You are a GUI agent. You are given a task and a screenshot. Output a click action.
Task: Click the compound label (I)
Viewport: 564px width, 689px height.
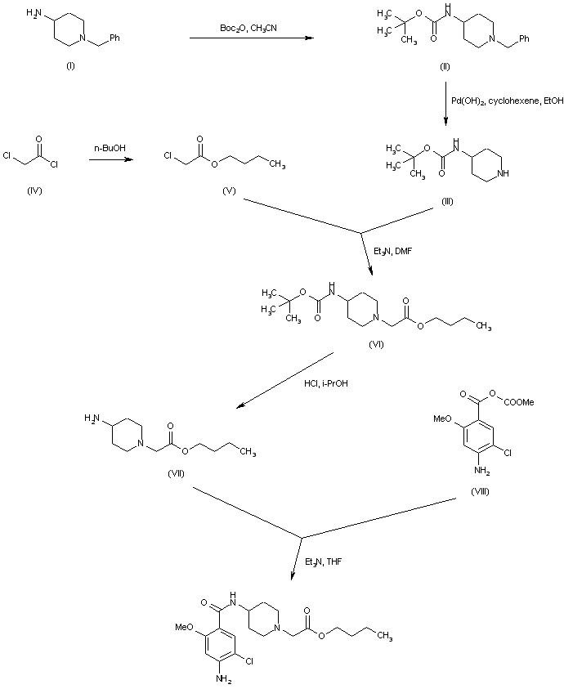click(70, 66)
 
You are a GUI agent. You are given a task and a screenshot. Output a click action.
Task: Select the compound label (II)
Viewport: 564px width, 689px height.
click(445, 67)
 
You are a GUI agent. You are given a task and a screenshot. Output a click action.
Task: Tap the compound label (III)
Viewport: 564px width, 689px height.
click(447, 201)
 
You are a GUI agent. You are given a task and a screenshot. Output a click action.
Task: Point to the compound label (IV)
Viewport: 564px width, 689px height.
click(34, 190)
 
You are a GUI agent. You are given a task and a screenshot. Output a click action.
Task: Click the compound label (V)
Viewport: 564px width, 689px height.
click(229, 190)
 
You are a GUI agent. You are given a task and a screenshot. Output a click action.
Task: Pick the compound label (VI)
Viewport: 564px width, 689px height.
click(376, 345)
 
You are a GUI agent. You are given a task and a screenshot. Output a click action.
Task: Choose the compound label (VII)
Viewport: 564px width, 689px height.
click(176, 474)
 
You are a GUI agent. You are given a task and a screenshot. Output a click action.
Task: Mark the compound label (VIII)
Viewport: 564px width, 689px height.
click(480, 492)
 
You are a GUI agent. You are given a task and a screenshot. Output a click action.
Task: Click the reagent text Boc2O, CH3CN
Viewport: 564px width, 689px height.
click(248, 29)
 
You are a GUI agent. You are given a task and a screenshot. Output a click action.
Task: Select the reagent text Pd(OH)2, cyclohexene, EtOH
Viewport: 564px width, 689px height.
click(508, 101)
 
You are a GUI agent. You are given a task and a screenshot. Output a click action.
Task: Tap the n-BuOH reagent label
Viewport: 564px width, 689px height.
click(110, 148)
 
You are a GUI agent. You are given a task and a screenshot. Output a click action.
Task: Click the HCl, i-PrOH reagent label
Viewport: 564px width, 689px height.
click(326, 383)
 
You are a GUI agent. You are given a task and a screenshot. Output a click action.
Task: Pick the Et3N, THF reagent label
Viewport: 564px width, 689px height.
click(323, 561)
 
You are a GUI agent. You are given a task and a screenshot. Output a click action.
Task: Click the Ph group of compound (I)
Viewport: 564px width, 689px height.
click(114, 38)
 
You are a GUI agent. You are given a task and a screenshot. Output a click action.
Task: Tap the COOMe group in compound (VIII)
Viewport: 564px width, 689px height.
click(519, 402)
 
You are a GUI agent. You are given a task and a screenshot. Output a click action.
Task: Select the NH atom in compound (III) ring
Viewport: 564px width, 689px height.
click(502, 173)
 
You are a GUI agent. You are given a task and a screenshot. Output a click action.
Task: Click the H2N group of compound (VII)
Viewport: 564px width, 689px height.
click(91, 418)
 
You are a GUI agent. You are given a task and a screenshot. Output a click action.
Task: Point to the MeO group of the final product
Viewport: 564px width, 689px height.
click(183, 627)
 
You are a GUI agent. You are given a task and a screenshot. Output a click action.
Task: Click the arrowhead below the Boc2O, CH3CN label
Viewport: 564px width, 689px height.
click(310, 38)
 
